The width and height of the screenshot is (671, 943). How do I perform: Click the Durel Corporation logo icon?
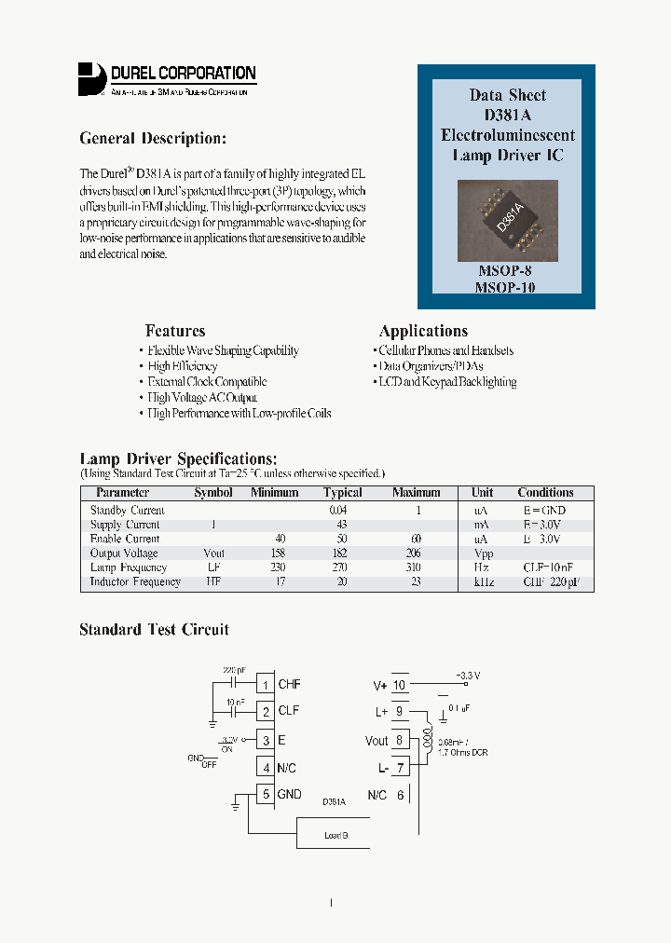pos(91,78)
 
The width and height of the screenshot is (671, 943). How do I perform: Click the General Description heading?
pos(153,139)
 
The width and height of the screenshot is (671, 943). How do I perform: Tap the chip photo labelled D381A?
pos(508,220)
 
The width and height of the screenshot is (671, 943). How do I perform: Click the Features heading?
pos(175,331)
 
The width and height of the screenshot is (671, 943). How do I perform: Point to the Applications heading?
pos(423,331)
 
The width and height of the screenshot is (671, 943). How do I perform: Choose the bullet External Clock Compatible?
pos(207,382)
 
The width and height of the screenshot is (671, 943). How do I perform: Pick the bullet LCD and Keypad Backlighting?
pos(447,382)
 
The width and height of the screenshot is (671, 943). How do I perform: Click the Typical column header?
pos(342,492)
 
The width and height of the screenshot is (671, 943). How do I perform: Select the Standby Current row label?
pos(128,511)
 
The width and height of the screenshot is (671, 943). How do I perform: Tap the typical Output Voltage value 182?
pos(336,553)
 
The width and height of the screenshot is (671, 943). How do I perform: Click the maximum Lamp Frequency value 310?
pos(415,567)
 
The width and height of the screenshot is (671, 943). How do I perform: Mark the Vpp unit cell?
pos(482,553)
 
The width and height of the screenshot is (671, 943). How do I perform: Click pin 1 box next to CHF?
pos(266,685)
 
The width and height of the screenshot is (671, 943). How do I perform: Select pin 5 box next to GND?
pos(266,795)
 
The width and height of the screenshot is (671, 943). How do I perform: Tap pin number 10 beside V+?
pos(400,685)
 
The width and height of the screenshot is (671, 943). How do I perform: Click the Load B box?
pos(335,835)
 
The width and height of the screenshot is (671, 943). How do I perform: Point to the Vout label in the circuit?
pos(377,741)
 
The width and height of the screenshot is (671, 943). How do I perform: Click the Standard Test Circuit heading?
pos(154,630)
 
